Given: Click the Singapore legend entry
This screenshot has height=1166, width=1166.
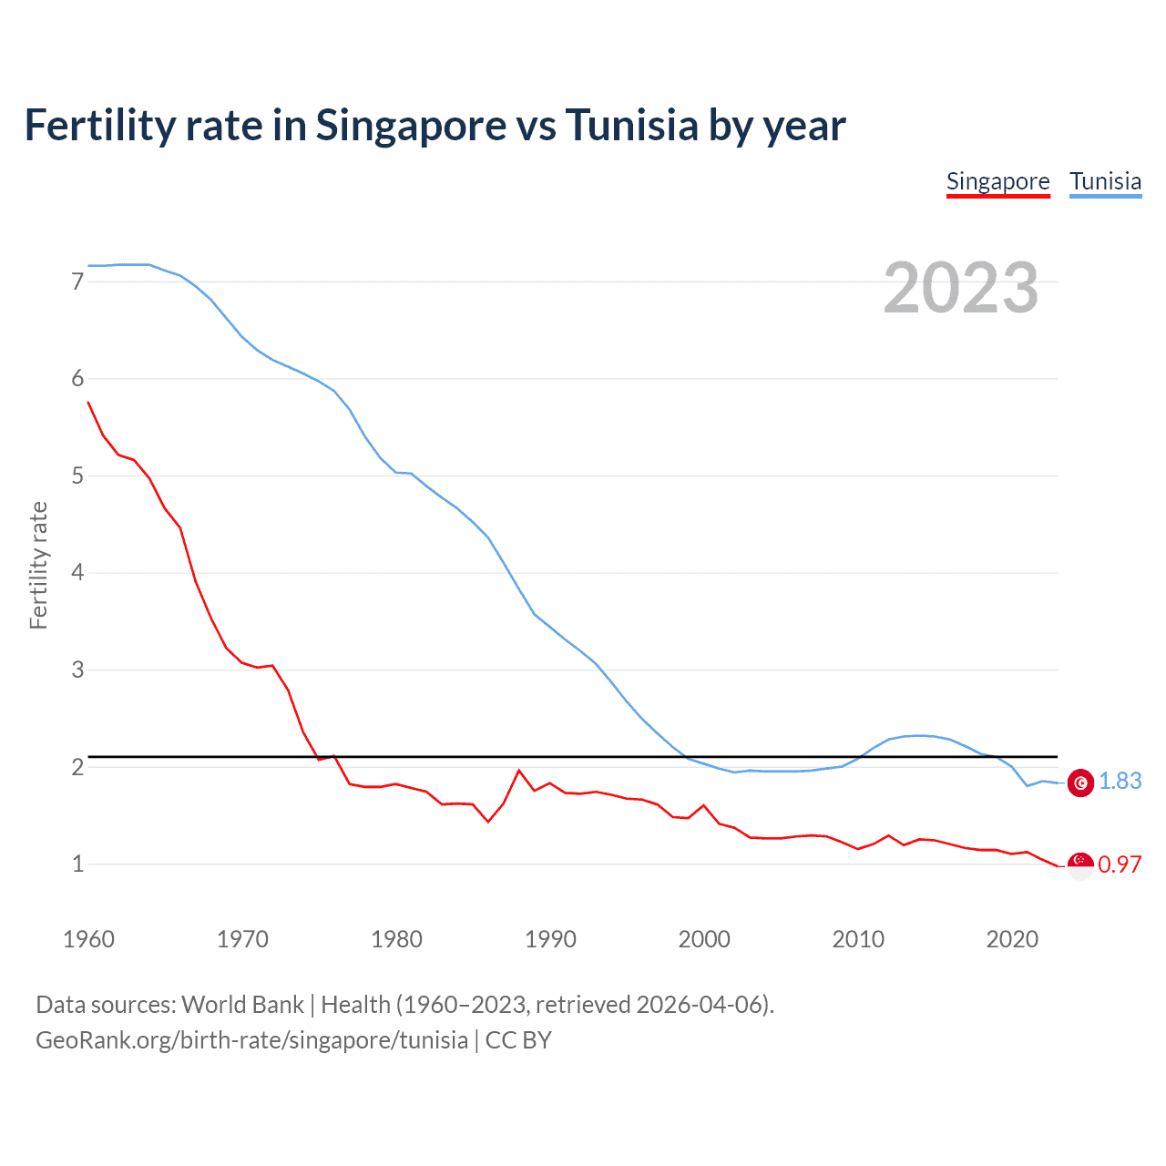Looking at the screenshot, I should (x=997, y=181).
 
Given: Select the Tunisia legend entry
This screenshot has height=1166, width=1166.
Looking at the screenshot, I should (x=1105, y=181).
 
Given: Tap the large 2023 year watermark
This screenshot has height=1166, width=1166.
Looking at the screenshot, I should (x=960, y=288).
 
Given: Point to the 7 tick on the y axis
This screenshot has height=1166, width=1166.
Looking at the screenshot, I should (x=77, y=281).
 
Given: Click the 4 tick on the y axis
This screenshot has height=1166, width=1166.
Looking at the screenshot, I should (x=77, y=573).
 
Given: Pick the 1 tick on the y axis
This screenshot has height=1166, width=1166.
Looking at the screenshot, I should (x=77, y=864).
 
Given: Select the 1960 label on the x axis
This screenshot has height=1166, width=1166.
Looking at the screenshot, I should (x=88, y=939).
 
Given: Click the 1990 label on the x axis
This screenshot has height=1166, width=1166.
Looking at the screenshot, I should (x=550, y=939).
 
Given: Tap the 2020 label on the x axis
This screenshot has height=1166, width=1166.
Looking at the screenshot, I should (x=1012, y=939).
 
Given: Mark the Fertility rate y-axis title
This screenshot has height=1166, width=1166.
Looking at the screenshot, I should (x=38, y=565).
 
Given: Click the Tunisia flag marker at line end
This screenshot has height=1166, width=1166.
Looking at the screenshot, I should (x=1080, y=782).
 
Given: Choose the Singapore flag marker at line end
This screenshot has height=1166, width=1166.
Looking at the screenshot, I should (x=1080, y=865).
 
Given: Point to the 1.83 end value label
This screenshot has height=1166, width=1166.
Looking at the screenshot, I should (x=1120, y=782).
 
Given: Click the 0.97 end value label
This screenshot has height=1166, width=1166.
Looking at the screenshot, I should (x=1120, y=864).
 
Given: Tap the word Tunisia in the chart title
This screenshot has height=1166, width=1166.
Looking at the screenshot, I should (x=631, y=125).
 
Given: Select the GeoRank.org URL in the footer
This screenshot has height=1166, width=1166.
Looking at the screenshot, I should (x=251, y=1040).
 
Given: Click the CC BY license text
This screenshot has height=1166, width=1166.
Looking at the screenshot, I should (x=518, y=1040).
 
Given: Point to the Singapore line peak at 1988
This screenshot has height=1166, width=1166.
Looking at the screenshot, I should (x=519, y=771).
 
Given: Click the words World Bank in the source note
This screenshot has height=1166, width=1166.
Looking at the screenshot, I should (x=242, y=1005).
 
